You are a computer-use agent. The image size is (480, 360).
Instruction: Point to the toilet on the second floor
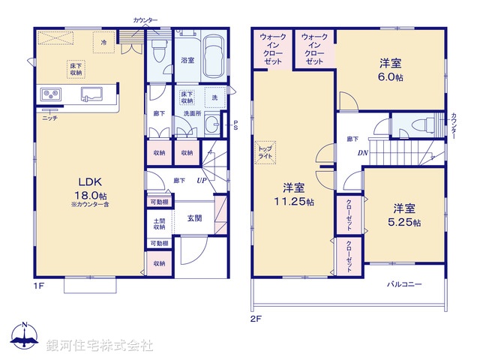click(x=420, y=125)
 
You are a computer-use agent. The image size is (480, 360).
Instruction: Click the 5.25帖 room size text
click(x=405, y=223)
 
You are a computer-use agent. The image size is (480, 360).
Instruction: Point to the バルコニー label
click(x=405, y=285)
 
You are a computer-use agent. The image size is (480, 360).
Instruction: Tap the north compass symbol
click(x=24, y=338)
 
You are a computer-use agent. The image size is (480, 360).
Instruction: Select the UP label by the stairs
click(x=202, y=181)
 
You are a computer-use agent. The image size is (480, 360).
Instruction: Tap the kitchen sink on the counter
click(x=91, y=94)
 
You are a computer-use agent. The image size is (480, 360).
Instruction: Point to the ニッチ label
click(x=49, y=118)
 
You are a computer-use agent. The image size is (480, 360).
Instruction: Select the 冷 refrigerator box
click(x=104, y=42)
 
